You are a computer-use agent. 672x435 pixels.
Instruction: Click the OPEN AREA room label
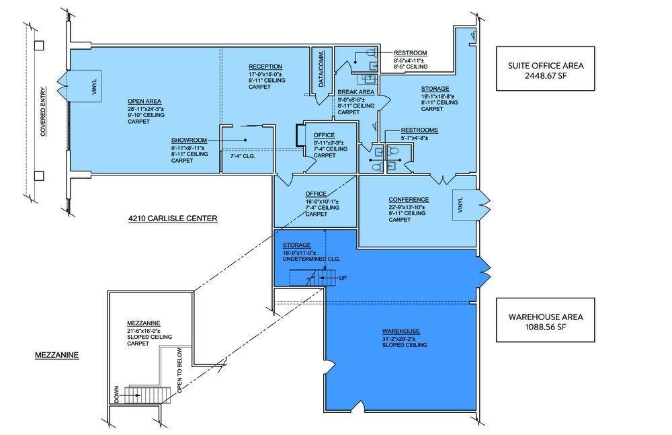(x=144, y=102)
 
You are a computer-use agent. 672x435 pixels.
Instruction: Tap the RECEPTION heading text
(x=265, y=67)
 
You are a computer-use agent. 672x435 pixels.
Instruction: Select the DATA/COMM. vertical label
(x=321, y=69)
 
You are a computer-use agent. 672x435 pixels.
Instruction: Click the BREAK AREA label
(x=355, y=92)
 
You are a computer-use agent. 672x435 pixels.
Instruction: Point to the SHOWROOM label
(x=189, y=141)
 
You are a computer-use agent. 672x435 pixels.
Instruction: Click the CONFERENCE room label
(x=409, y=200)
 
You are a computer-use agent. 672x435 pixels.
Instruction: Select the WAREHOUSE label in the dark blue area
(x=401, y=331)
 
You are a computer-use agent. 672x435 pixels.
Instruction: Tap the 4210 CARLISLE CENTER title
(x=173, y=219)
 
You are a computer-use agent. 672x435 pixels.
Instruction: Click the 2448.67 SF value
(x=546, y=75)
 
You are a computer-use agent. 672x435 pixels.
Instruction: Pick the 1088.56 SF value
(x=546, y=327)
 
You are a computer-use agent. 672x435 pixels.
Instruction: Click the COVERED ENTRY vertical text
(x=43, y=112)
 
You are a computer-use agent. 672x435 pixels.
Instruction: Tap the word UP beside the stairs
(x=343, y=278)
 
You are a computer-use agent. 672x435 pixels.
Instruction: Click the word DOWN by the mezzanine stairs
(x=117, y=394)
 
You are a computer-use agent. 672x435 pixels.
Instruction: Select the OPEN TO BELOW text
(x=179, y=370)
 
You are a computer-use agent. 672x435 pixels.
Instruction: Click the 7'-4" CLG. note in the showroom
(x=243, y=156)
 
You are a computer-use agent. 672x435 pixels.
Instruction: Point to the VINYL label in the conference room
(x=460, y=205)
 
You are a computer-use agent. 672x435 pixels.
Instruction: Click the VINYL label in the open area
(x=95, y=87)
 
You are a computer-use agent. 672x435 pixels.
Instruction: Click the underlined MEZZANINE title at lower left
(x=56, y=355)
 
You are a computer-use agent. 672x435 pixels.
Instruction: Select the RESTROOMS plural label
(x=419, y=130)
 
